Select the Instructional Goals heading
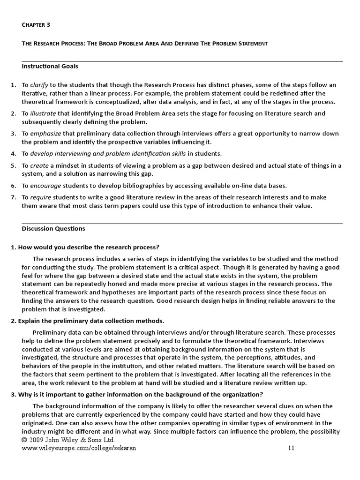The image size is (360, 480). pyautogui.click(x=50, y=66)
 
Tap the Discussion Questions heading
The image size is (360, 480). pyautogui.click(x=53, y=229)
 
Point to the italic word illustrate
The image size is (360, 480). pyautogui.click(x=43, y=113)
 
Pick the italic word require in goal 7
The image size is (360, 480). pyautogui.click(x=41, y=197)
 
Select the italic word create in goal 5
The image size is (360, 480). pyautogui.click(x=39, y=165)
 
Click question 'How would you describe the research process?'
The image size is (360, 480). pyautogui.click(x=85, y=247)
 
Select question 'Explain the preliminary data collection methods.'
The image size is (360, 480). pyautogui.click(x=87, y=321)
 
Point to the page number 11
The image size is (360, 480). pyautogui.click(x=291, y=448)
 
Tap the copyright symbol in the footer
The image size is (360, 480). pyautogui.click(x=24, y=441)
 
